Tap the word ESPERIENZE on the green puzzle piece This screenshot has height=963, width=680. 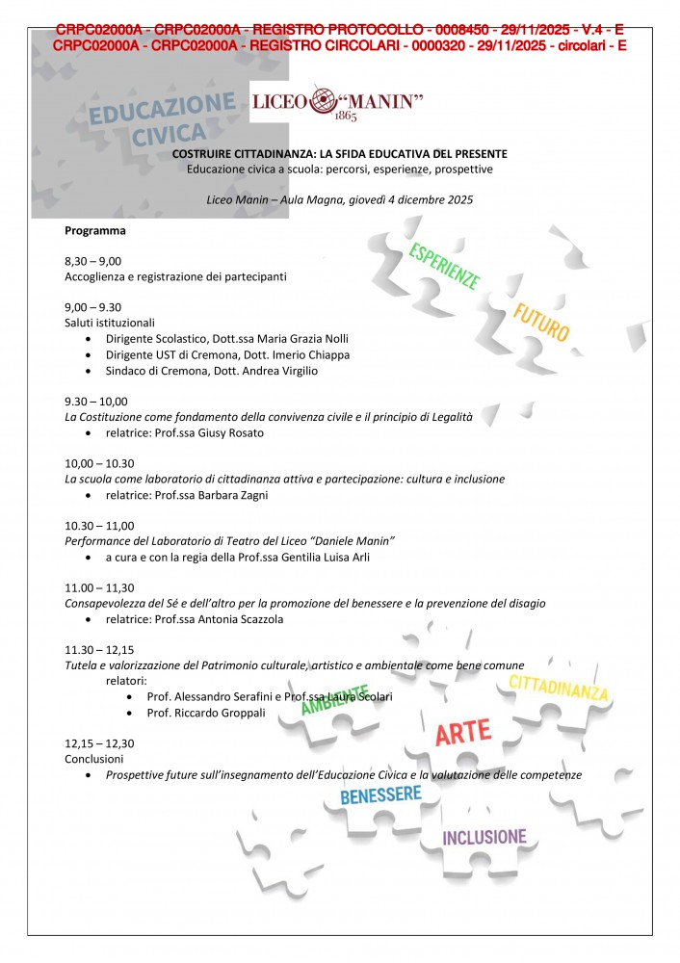pyautogui.click(x=444, y=267)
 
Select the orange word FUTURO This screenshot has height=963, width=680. pyautogui.click(x=541, y=323)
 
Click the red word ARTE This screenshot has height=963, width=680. pyautogui.click(x=463, y=734)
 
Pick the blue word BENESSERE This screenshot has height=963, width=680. pyautogui.click(x=380, y=795)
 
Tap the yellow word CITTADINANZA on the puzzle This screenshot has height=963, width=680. pyautogui.click(x=559, y=688)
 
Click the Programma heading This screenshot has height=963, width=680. pyautogui.click(x=94, y=230)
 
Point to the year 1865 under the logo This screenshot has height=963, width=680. pyautogui.click(x=345, y=117)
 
